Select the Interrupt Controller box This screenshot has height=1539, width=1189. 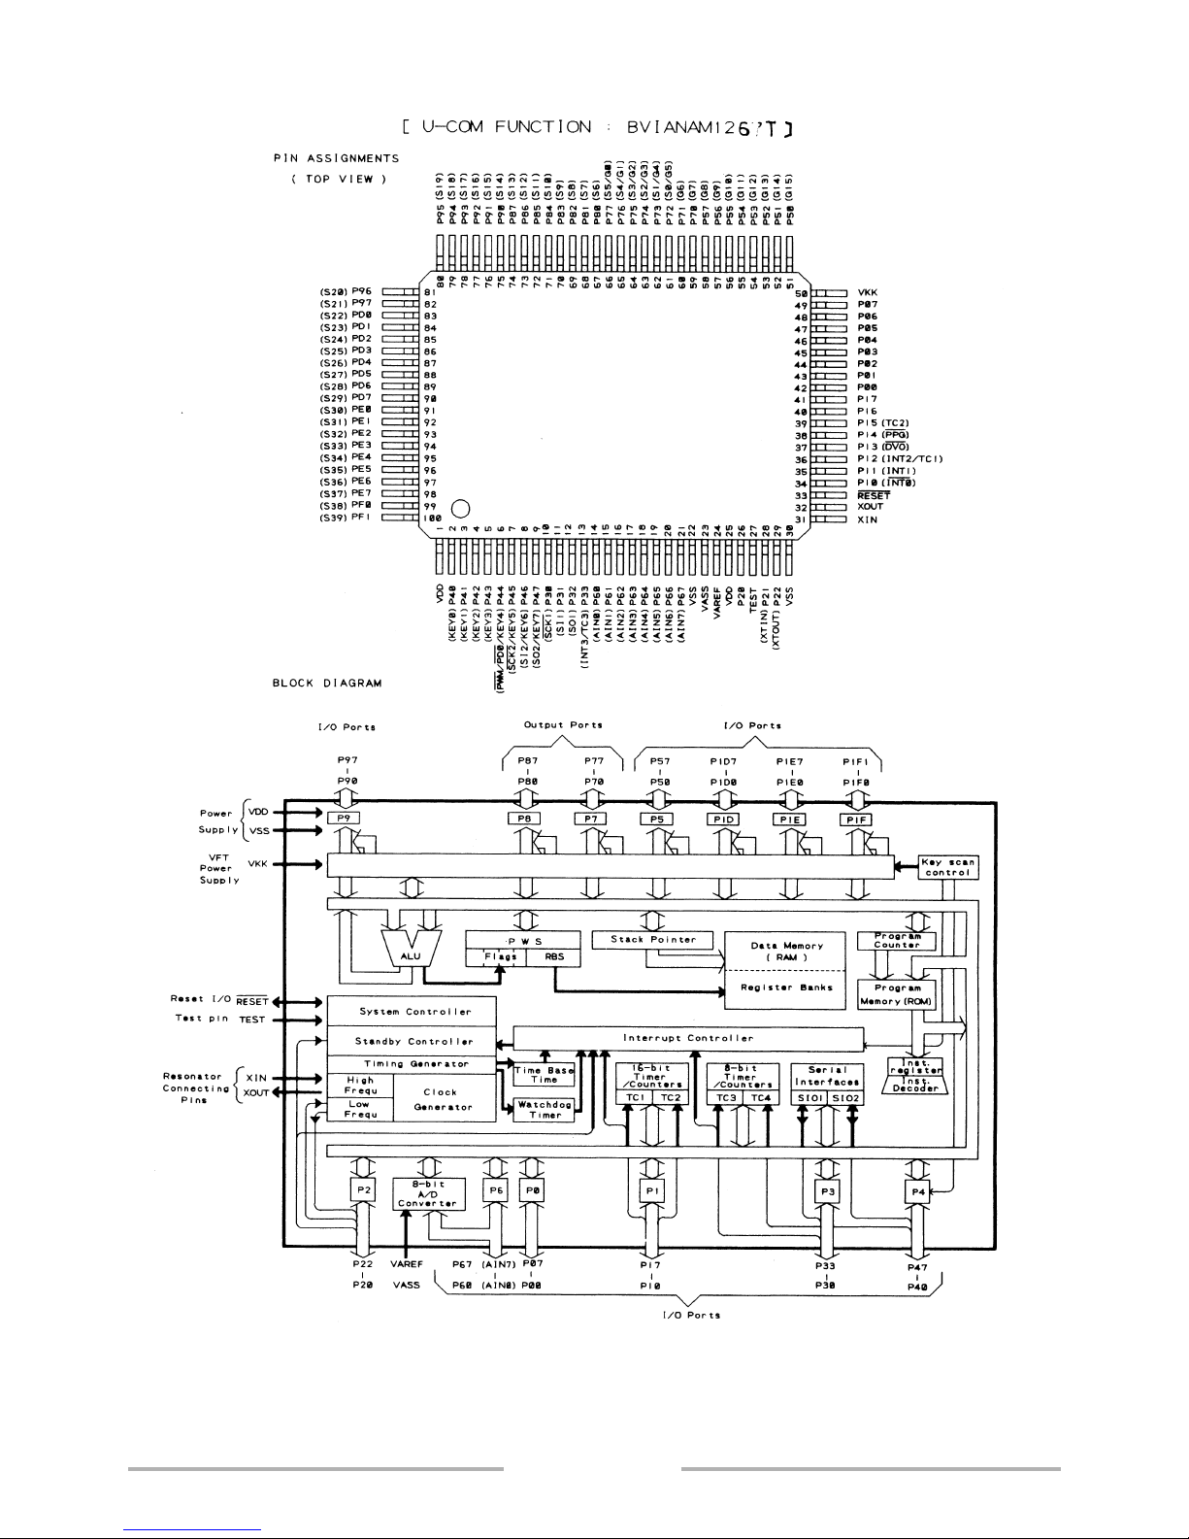point(687,1038)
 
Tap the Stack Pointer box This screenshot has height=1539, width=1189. point(653,939)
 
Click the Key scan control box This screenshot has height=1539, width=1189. point(947,867)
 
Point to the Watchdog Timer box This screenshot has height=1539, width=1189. point(545,1110)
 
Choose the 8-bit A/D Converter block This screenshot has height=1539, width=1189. point(429,1193)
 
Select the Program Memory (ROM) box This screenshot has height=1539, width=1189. point(896,994)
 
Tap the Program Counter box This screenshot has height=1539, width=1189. point(896,940)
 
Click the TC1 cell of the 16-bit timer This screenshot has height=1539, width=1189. point(636,1097)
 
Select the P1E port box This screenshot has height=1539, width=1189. point(789,819)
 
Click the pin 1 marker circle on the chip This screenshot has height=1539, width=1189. point(462,507)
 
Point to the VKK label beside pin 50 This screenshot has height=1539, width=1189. point(869,291)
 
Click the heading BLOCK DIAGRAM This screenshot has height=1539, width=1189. point(327,683)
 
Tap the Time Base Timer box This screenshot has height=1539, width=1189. point(544,1075)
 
